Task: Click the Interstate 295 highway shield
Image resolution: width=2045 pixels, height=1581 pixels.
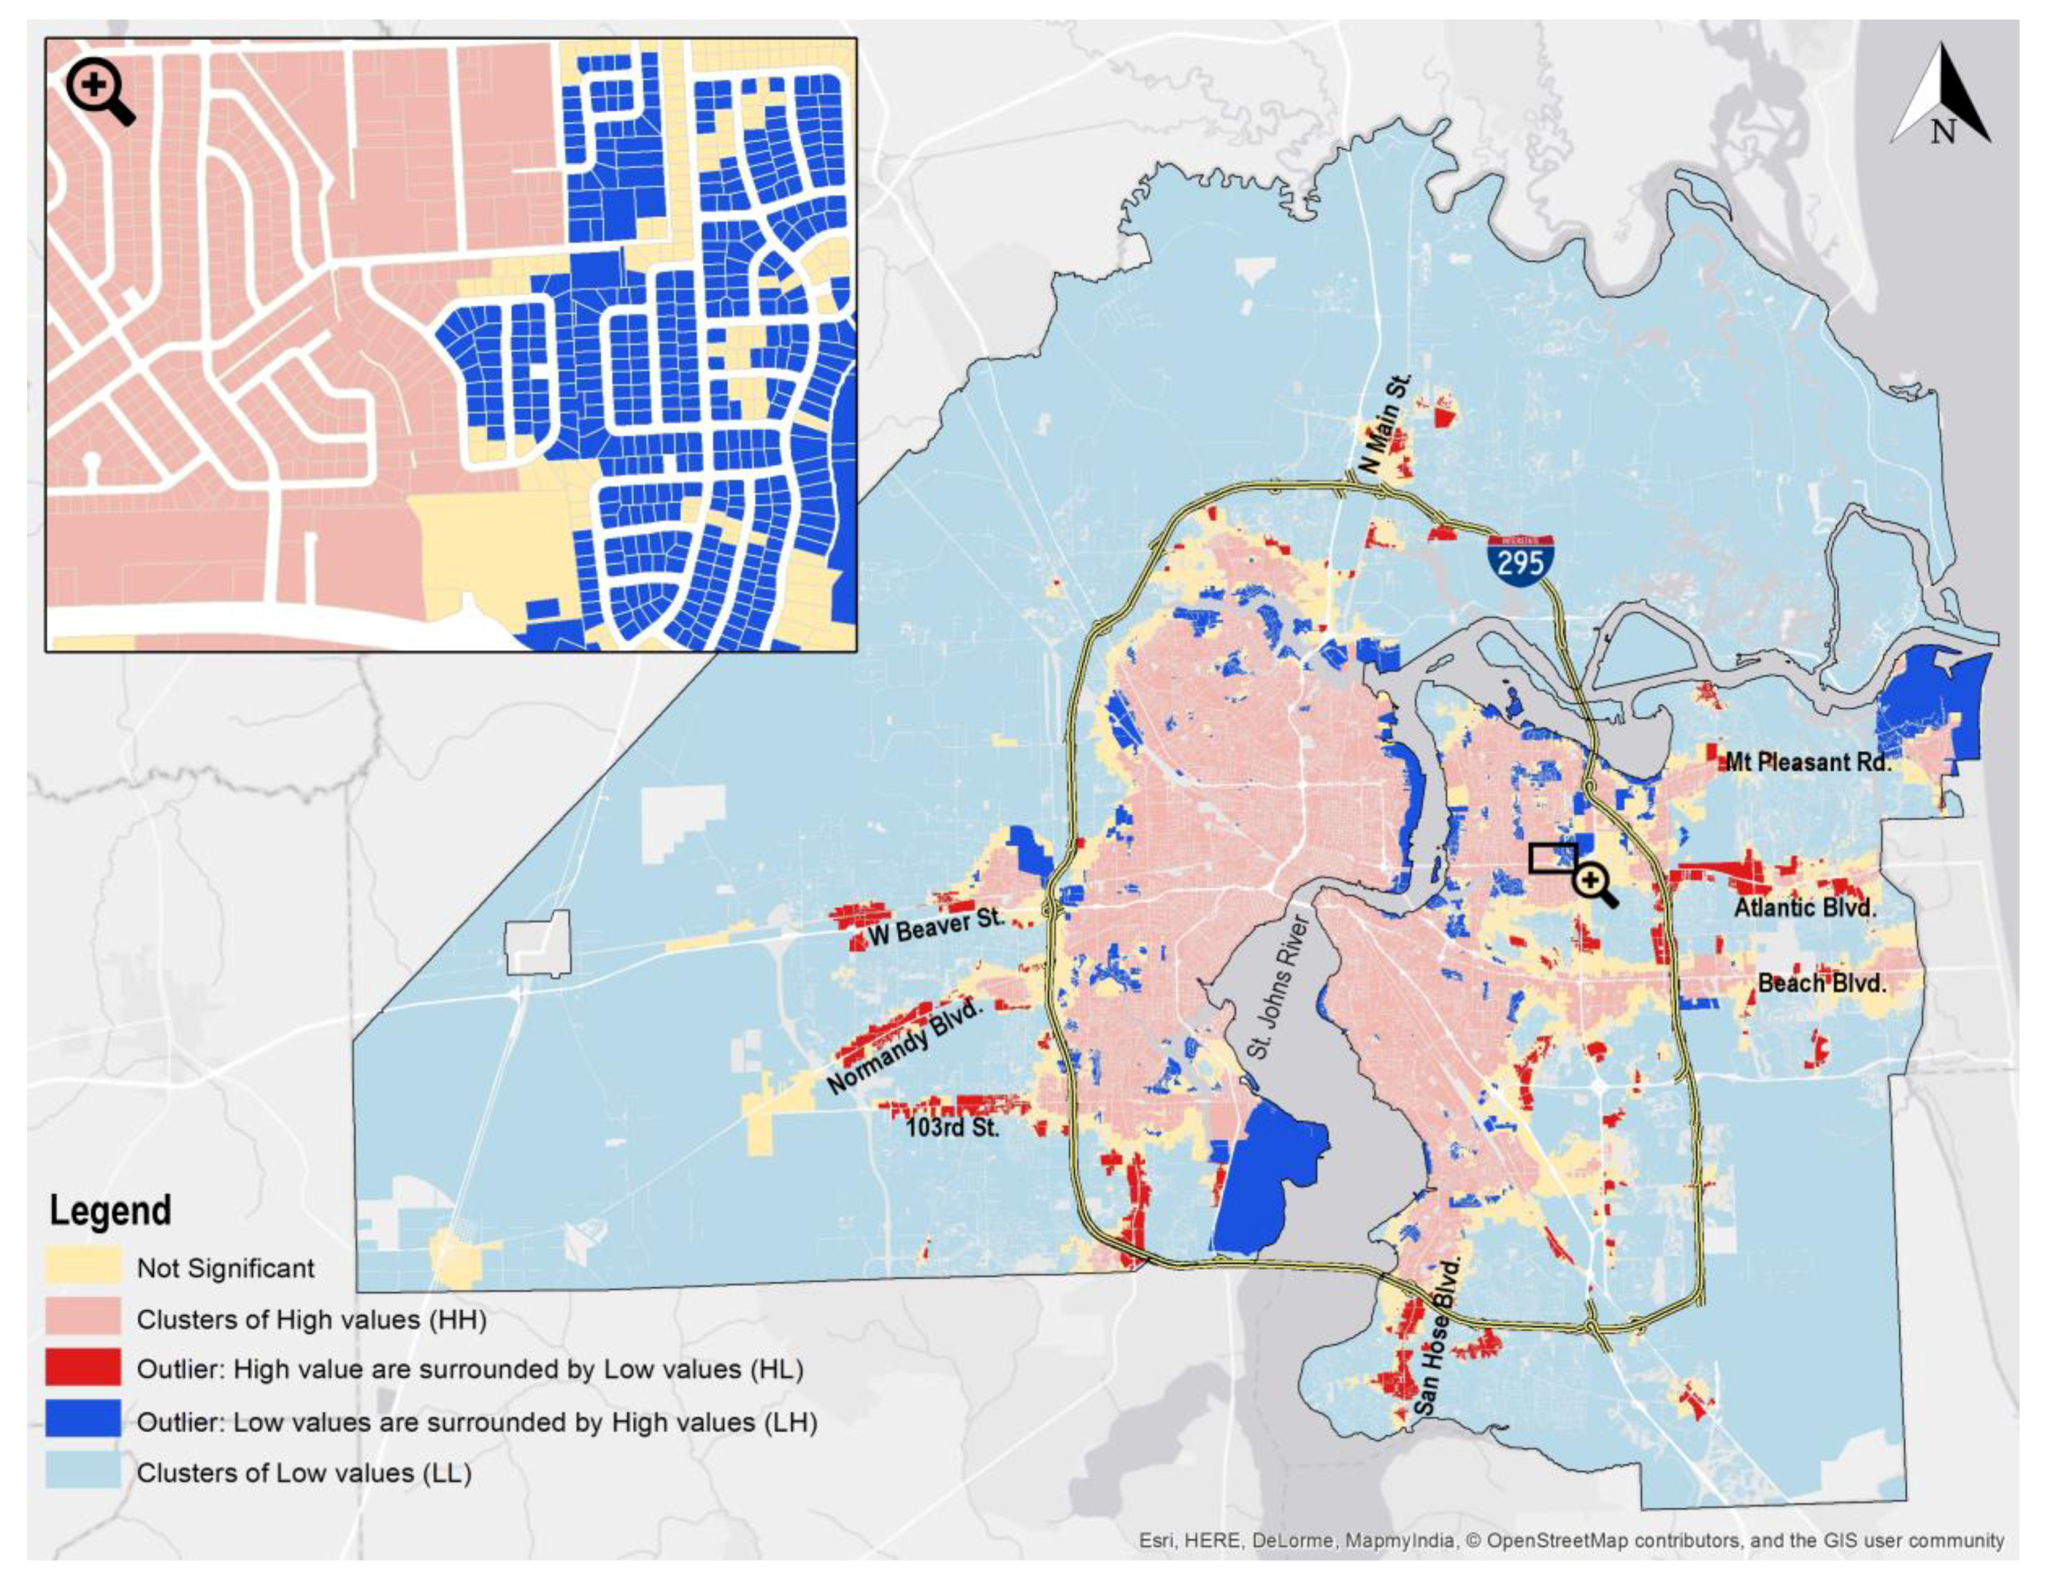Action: pyautogui.click(x=1519, y=561)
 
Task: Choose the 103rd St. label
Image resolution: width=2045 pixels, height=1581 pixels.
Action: pyautogui.click(x=952, y=1127)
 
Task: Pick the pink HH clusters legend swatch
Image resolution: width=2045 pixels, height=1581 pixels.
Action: pyautogui.click(x=83, y=1319)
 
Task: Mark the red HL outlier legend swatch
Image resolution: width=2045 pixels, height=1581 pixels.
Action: pyautogui.click(x=83, y=1369)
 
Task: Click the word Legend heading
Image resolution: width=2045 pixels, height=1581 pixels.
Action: pyautogui.click(x=110, y=1211)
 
